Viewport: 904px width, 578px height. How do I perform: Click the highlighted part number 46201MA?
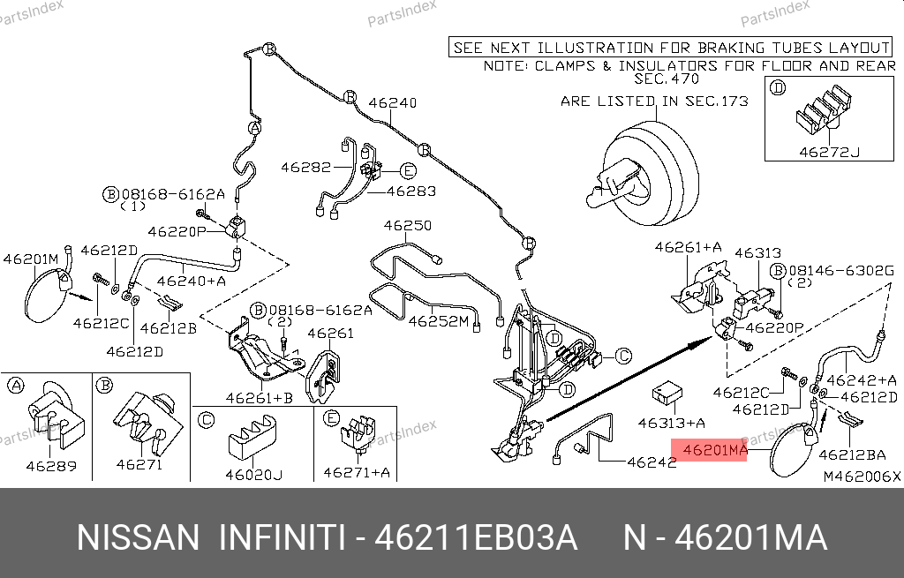[710, 451]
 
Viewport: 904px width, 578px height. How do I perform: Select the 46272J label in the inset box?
[829, 151]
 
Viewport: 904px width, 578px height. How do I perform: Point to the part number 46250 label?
[407, 226]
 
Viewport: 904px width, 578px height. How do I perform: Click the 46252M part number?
[438, 322]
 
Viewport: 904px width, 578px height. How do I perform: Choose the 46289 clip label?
[50, 465]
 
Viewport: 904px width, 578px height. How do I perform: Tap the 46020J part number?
[253, 476]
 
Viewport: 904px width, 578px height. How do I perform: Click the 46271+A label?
[356, 472]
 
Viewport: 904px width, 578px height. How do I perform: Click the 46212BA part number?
[852, 455]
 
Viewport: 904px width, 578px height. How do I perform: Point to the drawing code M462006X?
[862, 477]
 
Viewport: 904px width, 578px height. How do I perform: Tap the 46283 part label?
[411, 190]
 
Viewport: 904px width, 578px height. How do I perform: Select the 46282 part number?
[306, 167]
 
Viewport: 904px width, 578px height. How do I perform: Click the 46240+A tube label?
[192, 281]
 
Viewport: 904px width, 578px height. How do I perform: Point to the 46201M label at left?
[31, 259]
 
